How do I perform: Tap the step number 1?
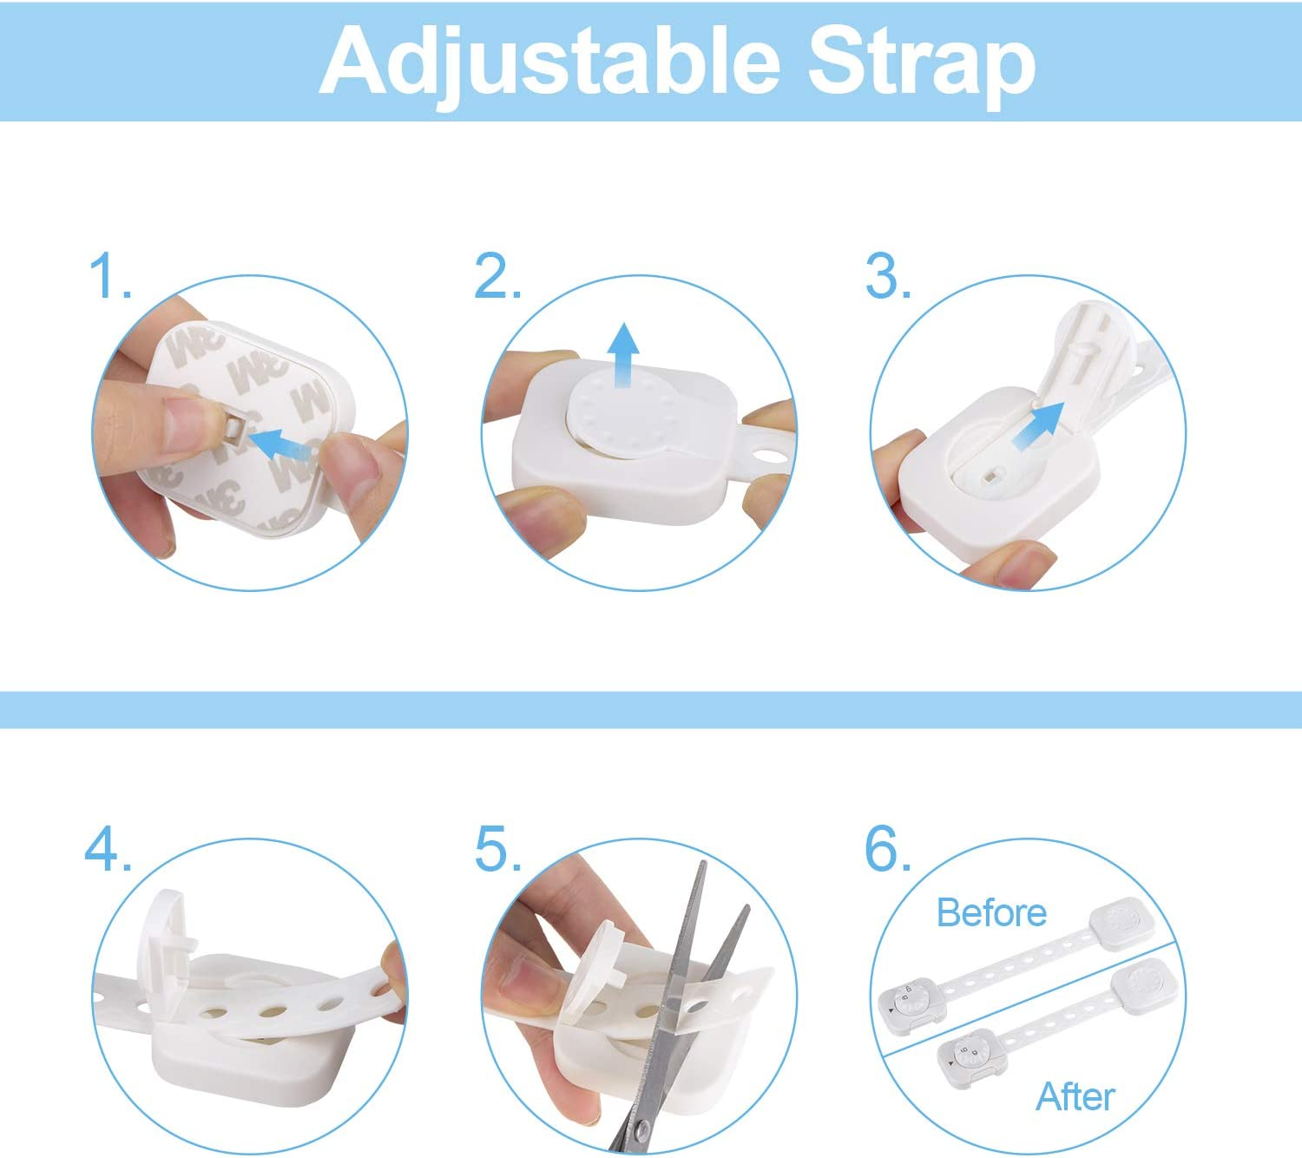[109, 276]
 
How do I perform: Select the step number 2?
[496, 276]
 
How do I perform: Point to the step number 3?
[888, 276]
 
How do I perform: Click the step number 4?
[108, 848]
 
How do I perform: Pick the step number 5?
[498, 848]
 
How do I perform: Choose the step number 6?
[888, 848]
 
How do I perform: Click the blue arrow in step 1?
[280, 444]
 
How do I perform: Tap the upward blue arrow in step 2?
[623, 355]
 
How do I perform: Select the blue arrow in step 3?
[1039, 424]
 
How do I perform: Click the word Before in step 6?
[991, 913]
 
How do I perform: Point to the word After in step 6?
[1075, 1096]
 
